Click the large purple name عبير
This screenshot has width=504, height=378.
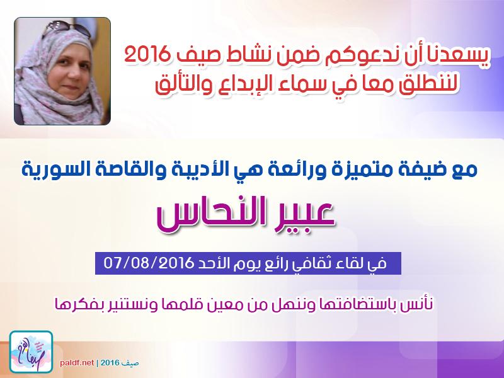pos(303,214)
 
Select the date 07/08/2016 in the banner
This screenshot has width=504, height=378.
pos(148,263)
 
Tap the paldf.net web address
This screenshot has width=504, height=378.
pos(77,363)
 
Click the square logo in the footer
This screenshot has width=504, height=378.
pos(31,352)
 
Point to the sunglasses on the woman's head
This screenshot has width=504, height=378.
pos(67,28)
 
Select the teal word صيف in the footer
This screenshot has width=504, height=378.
pos(132,363)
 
